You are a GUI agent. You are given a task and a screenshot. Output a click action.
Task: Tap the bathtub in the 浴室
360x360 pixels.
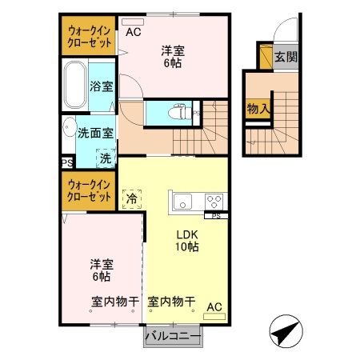[75, 87]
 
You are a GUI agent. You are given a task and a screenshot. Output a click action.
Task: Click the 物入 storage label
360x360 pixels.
[257, 108]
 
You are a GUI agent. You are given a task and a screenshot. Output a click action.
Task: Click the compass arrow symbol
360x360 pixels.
[284, 330]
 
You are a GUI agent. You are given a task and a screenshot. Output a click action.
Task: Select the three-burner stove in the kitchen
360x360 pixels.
[214, 200]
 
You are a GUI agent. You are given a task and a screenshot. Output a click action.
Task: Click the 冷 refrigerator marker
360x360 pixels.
[130, 197]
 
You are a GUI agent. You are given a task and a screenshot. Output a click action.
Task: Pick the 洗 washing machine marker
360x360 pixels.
[106, 158]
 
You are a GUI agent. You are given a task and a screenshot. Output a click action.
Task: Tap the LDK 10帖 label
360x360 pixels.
[187, 241]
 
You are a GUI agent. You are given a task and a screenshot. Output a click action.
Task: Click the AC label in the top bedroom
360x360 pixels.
[133, 32]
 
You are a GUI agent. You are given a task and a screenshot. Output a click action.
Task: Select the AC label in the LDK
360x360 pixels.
[214, 306]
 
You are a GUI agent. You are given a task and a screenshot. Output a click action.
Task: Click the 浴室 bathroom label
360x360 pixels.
[100, 86]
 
